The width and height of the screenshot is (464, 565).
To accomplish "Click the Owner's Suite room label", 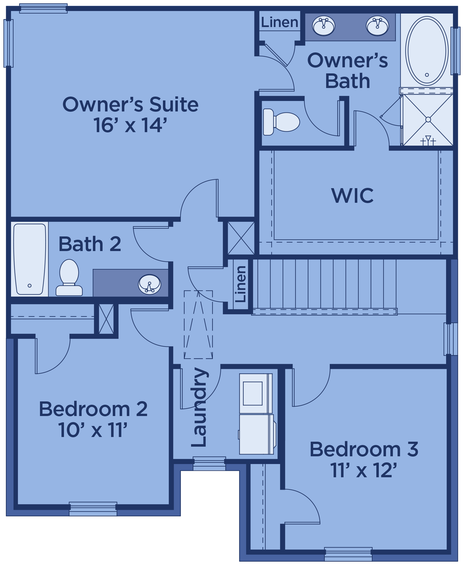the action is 130,105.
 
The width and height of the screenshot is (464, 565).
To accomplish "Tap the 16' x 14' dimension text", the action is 130,125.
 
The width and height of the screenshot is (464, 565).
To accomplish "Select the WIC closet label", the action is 353,195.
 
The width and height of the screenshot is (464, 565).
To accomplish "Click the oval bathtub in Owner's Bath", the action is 427,51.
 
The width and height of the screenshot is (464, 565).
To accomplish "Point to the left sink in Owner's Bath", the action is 324,26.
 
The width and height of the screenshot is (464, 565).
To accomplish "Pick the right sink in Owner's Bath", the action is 377,26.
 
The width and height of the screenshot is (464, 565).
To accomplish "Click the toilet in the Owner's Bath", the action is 281,122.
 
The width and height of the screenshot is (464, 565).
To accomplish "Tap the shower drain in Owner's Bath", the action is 428,119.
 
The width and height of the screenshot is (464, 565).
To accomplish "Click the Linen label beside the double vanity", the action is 280,22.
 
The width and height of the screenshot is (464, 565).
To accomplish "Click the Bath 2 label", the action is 90,244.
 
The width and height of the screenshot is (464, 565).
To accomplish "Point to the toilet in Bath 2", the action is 69,278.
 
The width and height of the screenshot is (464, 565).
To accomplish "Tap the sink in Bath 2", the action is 149,284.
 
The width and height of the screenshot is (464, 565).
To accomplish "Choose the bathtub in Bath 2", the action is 29,259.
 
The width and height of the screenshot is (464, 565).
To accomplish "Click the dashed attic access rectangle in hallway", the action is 198,325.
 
